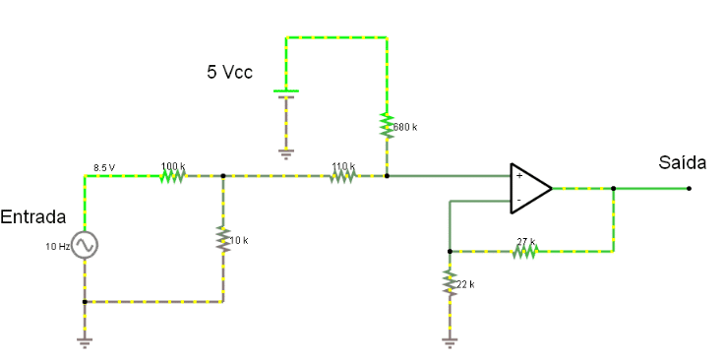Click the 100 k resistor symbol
click(x=173, y=176)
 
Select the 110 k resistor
click(x=343, y=176)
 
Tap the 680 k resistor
click(x=387, y=125)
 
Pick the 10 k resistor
click(x=223, y=239)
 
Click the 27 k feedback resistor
click(x=525, y=251)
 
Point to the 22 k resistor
click(x=450, y=282)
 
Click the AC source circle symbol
click(x=85, y=244)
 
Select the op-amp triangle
click(x=530, y=188)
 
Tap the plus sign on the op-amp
click(x=519, y=176)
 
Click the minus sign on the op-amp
click(x=519, y=200)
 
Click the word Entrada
click(x=33, y=217)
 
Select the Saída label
click(x=683, y=163)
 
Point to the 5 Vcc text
click(x=229, y=72)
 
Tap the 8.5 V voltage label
click(x=104, y=168)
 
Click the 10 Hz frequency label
click(x=57, y=247)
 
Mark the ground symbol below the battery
click(x=285, y=154)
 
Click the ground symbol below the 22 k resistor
click(x=450, y=342)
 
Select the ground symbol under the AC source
click(x=85, y=342)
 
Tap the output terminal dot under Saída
click(x=689, y=188)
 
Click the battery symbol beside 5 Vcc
click(x=285, y=94)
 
